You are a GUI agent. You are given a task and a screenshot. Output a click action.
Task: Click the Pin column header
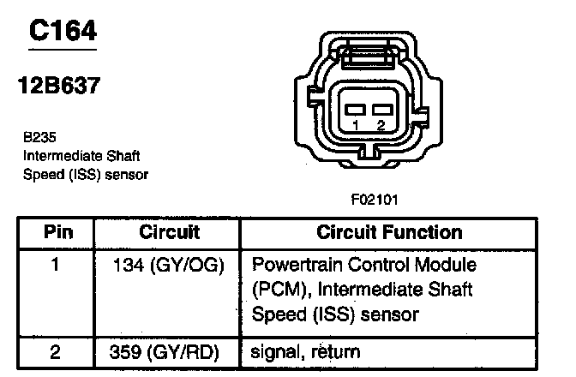pyautogui.click(x=57, y=232)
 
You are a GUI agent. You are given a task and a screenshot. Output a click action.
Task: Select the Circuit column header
pyautogui.click(x=169, y=232)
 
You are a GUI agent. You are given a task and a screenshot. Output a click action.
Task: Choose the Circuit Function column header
pyautogui.click(x=389, y=232)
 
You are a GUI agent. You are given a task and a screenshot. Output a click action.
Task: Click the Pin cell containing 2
pyautogui.click(x=56, y=351)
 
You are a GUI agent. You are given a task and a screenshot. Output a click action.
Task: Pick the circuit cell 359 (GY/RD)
pyautogui.click(x=169, y=351)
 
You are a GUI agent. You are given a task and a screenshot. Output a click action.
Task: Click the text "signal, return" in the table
pyautogui.click(x=306, y=351)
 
